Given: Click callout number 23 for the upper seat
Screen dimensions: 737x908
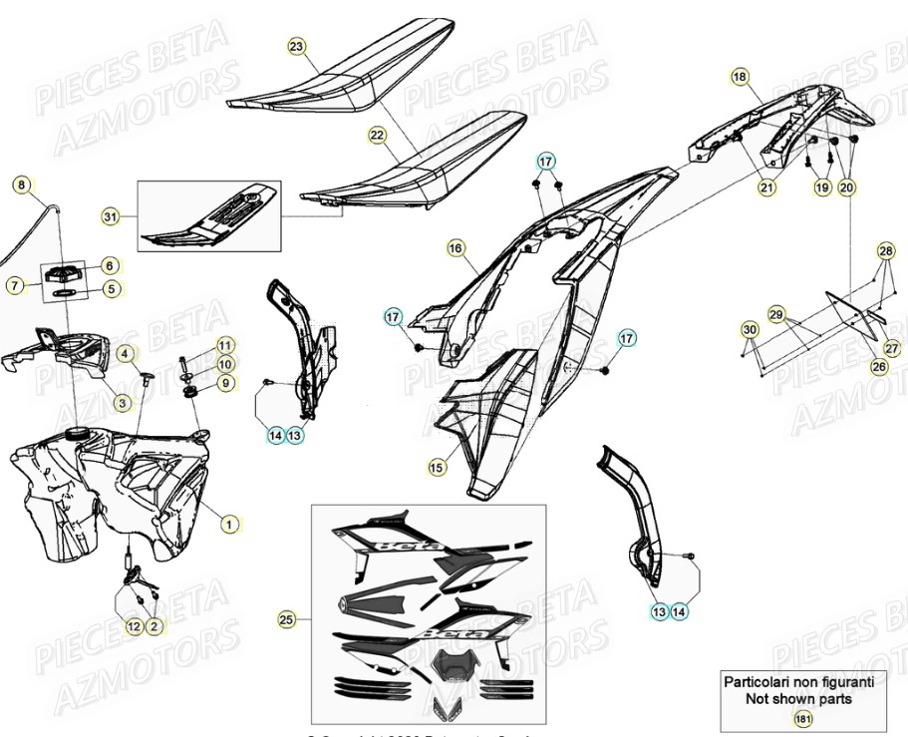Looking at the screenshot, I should tap(296, 47).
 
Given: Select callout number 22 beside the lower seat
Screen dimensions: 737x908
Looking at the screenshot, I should tap(376, 135).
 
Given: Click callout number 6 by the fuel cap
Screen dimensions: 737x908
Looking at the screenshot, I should tap(110, 265).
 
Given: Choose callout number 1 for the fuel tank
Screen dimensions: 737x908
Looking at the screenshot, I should tap(228, 523).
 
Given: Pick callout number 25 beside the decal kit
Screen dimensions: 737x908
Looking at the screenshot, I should tap(287, 620).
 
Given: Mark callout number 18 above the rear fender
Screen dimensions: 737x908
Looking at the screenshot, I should tap(739, 76).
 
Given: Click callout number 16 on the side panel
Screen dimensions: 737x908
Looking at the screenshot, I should tap(455, 247).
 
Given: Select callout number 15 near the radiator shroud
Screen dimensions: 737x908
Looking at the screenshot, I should tap(437, 466).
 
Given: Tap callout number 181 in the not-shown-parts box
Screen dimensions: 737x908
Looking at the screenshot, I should tap(802, 718).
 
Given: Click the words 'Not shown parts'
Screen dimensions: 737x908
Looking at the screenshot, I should tap(798, 699).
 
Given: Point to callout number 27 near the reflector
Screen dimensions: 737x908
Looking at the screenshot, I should tap(891, 349).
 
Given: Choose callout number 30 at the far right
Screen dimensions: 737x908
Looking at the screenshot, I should tap(750, 329).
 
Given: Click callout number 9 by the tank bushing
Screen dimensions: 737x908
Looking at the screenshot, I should tap(225, 382).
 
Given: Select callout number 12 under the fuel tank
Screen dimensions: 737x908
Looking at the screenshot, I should tap(134, 626).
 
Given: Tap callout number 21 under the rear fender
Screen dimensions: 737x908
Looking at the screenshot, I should tap(765, 186).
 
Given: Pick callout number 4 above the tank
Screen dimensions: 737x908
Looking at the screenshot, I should tap(125, 353).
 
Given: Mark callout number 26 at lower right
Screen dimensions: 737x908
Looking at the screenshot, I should tap(878, 367).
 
